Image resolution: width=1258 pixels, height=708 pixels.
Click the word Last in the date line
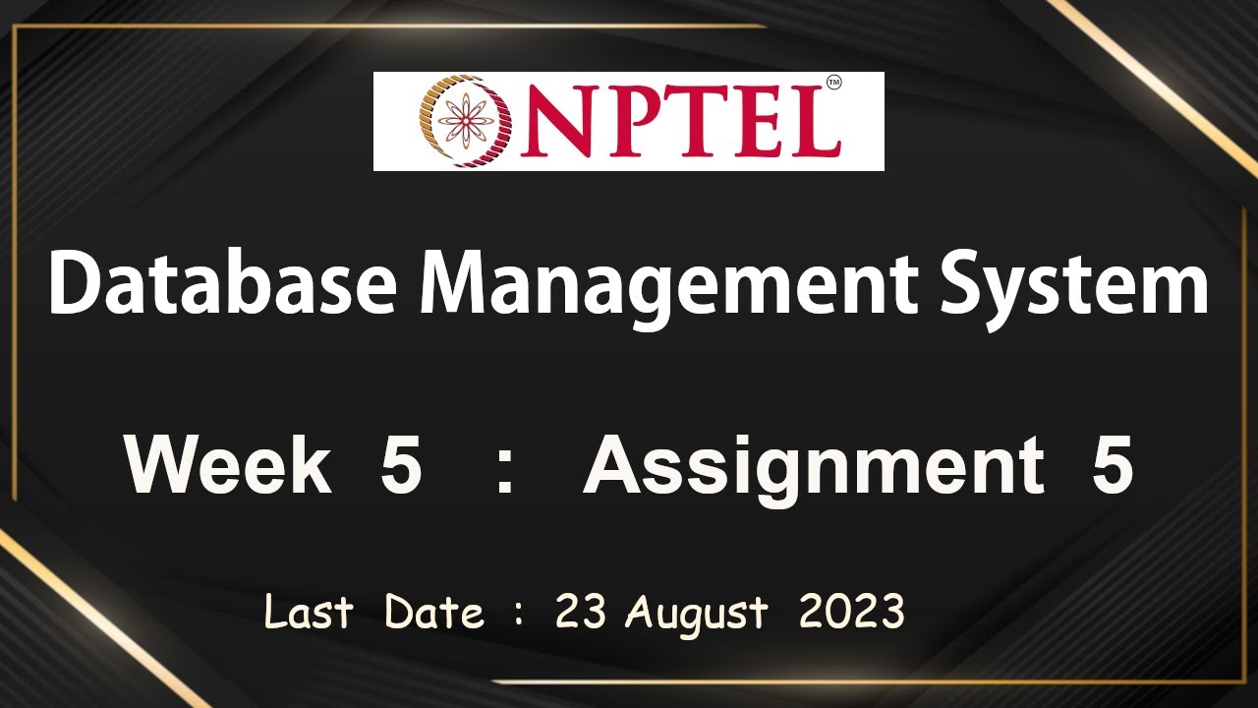click(x=308, y=613)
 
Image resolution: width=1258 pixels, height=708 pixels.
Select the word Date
click(x=433, y=613)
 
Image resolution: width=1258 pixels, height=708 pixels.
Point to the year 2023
click(x=851, y=613)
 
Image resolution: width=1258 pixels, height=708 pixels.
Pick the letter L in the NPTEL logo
click(x=813, y=123)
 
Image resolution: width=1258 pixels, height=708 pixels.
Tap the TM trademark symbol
click(x=834, y=85)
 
